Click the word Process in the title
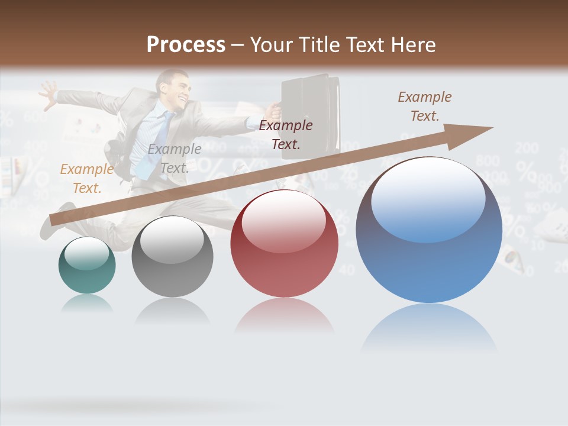186,45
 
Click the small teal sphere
87,265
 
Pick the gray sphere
172,257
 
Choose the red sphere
285,243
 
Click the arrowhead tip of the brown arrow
491,128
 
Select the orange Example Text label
86,178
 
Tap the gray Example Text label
174,159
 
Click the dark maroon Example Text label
286,134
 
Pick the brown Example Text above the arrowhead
425,106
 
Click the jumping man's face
177,88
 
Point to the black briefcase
310,112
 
